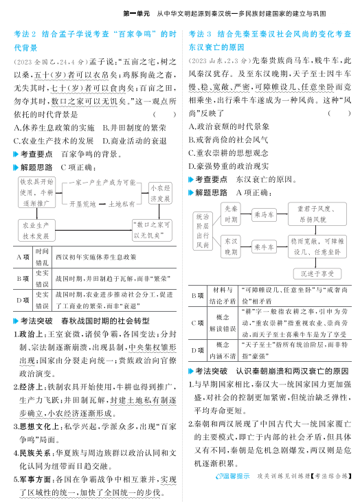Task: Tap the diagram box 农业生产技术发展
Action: [x=36, y=230]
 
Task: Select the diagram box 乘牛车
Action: [x=264, y=247]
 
